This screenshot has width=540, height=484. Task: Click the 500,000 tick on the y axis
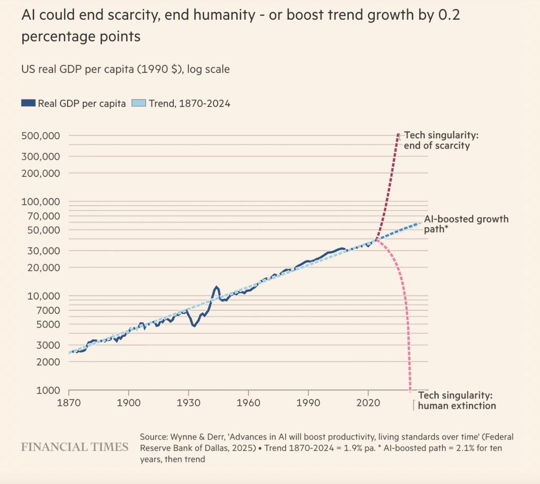tap(40, 136)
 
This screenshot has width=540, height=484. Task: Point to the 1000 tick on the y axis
tap(48, 390)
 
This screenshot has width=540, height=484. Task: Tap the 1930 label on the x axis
tap(189, 403)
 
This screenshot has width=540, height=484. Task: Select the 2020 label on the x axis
tap(368, 403)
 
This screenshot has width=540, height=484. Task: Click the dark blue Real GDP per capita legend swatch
tap(28, 103)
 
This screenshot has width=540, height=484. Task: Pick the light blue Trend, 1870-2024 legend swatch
tap(139, 103)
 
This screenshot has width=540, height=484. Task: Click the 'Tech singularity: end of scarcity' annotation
tap(437, 141)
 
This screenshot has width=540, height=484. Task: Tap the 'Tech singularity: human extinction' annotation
tap(457, 401)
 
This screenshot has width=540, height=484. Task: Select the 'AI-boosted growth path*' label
tap(466, 224)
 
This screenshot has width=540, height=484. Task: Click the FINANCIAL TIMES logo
tap(75, 447)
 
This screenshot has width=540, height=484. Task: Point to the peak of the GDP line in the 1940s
tap(217, 287)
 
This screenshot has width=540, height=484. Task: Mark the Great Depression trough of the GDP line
tap(194, 326)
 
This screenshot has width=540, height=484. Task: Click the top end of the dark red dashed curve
tap(398, 134)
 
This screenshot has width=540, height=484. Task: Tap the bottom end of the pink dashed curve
tap(410, 390)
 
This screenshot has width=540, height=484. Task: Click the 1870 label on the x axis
tap(69, 403)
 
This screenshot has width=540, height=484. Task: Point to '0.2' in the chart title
tap(449, 15)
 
